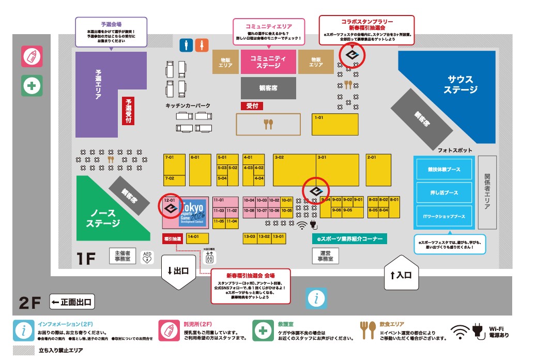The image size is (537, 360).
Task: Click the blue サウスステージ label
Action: tap(460, 84)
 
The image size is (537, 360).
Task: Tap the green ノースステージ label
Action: tap(103, 218)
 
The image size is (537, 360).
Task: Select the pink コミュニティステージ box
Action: tap(268, 62)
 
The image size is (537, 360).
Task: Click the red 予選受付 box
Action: tap(128, 111)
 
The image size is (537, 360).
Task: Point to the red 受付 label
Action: tap(252, 106)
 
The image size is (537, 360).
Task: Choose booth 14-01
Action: tap(197, 238)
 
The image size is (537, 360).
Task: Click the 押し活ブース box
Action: tap(444, 192)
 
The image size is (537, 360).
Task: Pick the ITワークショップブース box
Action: tap(444, 217)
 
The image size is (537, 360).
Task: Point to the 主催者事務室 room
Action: tap(122, 256)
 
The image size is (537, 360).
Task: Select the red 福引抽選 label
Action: tap(173, 238)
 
